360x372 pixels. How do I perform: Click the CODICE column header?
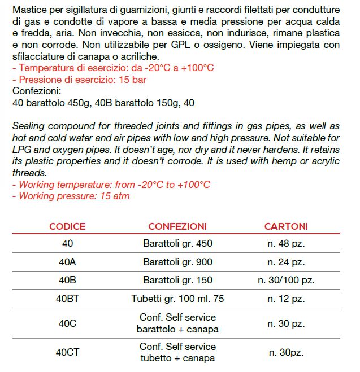point(67,226)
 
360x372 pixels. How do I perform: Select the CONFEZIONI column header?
point(177,226)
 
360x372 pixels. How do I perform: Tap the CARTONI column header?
point(286,226)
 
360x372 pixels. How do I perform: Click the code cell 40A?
point(67,262)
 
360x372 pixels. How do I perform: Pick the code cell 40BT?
point(67,299)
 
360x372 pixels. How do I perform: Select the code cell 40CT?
point(67,352)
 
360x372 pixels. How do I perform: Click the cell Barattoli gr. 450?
point(177,244)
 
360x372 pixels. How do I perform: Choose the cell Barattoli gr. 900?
point(177,262)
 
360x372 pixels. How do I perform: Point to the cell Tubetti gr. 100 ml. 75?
point(177,299)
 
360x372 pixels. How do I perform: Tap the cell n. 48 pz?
point(286,244)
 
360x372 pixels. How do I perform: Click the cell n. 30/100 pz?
point(286,280)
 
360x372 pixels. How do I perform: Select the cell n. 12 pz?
point(286,299)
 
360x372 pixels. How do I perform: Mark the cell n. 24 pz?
point(286,262)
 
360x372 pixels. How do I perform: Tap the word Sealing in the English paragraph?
point(28,125)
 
